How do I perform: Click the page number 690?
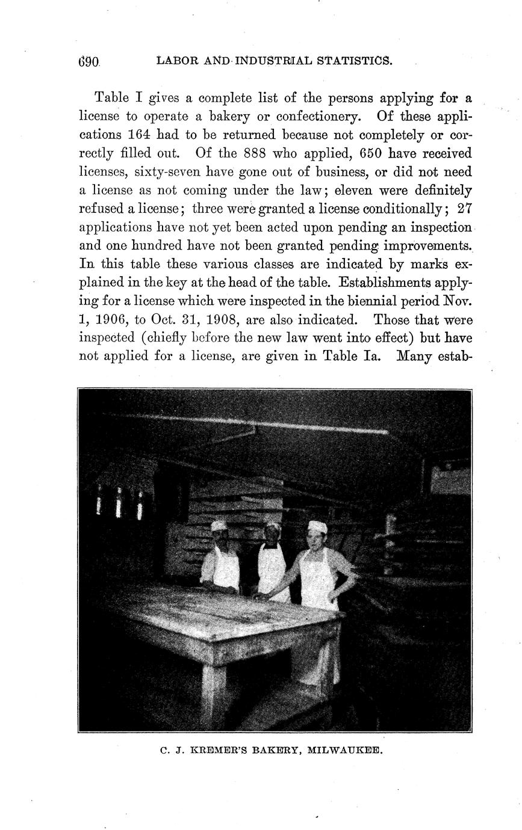(x=89, y=61)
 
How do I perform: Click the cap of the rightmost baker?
(x=317, y=527)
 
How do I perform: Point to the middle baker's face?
(x=273, y=533)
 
